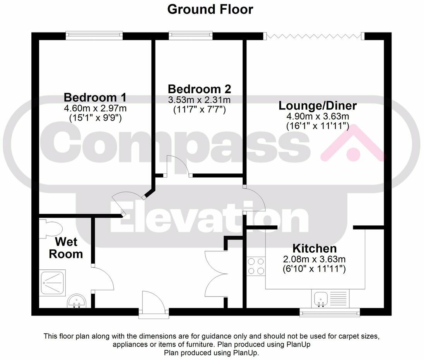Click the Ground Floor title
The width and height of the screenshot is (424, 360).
point(210,9)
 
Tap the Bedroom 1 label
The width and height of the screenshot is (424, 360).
point(95,97)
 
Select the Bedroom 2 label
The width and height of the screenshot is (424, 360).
point(199,89)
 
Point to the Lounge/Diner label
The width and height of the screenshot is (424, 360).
point(318,105)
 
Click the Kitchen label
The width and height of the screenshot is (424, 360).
point(314,249)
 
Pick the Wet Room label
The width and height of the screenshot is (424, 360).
point(68,248)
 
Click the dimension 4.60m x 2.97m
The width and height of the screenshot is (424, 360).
point(95,108)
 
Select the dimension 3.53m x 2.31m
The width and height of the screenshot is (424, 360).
point(199,100)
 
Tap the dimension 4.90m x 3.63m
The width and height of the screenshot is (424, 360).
point(318,116)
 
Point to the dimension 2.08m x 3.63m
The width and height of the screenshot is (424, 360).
point(314,259)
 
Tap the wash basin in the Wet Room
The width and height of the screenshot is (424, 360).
point(76,301)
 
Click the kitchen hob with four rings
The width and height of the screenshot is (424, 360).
point(256,266)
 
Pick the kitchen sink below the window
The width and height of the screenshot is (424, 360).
point(321,298)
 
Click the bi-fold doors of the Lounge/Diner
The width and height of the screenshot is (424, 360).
point(314,36)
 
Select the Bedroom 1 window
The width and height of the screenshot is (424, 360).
point(94,36)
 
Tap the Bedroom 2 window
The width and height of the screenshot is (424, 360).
point(191,36)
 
